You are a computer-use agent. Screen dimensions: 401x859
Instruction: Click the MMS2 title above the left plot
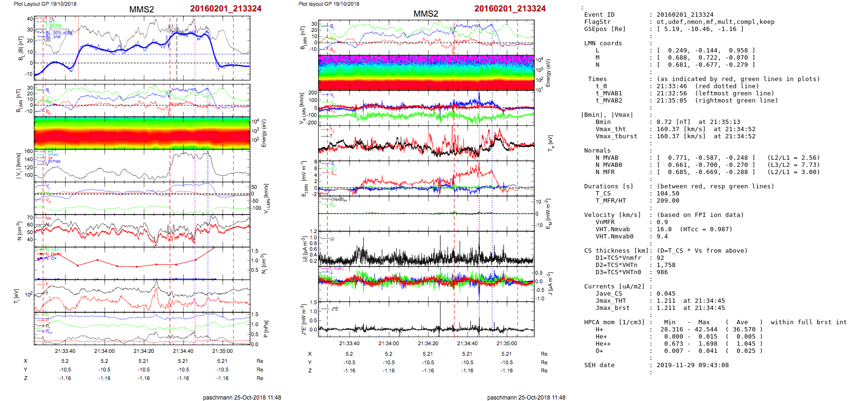[141, 10]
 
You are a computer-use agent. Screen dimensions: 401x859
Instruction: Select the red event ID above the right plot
[509, 9]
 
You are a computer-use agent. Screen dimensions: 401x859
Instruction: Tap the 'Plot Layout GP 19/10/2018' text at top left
[45, 4]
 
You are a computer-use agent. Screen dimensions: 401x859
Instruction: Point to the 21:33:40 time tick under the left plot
[65, 351]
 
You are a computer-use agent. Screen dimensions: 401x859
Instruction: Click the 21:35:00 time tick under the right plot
[507, 343]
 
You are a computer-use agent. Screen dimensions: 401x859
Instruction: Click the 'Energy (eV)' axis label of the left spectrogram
[264, 133]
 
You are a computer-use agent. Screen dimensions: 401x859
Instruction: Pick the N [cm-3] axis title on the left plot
[19, 231]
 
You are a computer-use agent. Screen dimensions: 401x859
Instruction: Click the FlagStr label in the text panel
[597, 22]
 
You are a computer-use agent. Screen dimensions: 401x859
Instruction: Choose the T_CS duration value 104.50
[668, 194]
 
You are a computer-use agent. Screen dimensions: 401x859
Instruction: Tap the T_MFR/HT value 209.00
[668, 201]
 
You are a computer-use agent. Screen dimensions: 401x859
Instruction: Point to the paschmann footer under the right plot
[526, 397]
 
